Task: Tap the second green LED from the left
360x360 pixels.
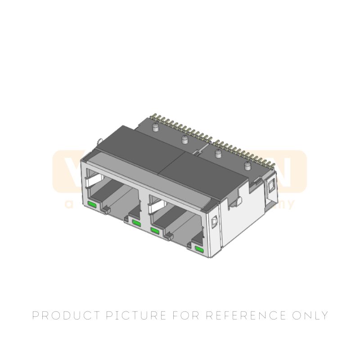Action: pos(136,223)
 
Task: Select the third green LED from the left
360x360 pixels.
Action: pos(155,230)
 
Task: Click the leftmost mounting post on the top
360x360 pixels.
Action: pos(156,127)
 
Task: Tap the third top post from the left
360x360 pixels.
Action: pos(218,154)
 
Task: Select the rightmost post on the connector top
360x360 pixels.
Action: pos(247,166)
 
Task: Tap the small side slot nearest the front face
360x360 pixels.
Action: pos(214,221)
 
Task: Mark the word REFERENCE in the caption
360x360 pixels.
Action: pos(245,315)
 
